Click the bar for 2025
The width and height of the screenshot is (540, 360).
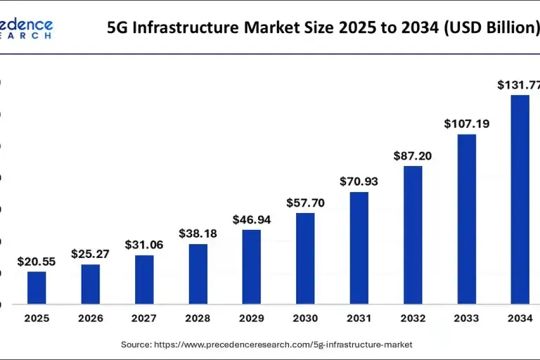(x=37, y=288)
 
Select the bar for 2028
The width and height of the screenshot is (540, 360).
(x=198, y=274)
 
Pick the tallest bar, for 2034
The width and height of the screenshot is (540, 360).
(x=520, y=200)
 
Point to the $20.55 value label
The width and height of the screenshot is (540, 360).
(x=37, y=261)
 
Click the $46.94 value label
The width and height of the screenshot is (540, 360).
(x=252, y=219)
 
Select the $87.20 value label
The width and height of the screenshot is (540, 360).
(x=413, y=155)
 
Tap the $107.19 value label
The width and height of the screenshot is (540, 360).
(x=467, y=124)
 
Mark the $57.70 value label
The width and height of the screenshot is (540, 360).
(x=305, y=202)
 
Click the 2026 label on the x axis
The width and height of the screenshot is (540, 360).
(x=91, y=319)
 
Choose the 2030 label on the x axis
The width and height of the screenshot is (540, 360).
(x=305, y=319)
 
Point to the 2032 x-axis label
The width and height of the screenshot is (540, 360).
(x=413, y=319)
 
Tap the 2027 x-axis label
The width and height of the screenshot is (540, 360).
(x=144, y=319)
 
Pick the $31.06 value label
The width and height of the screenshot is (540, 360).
(x=144, y=245)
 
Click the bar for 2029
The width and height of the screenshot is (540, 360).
(x=252, y=267)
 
